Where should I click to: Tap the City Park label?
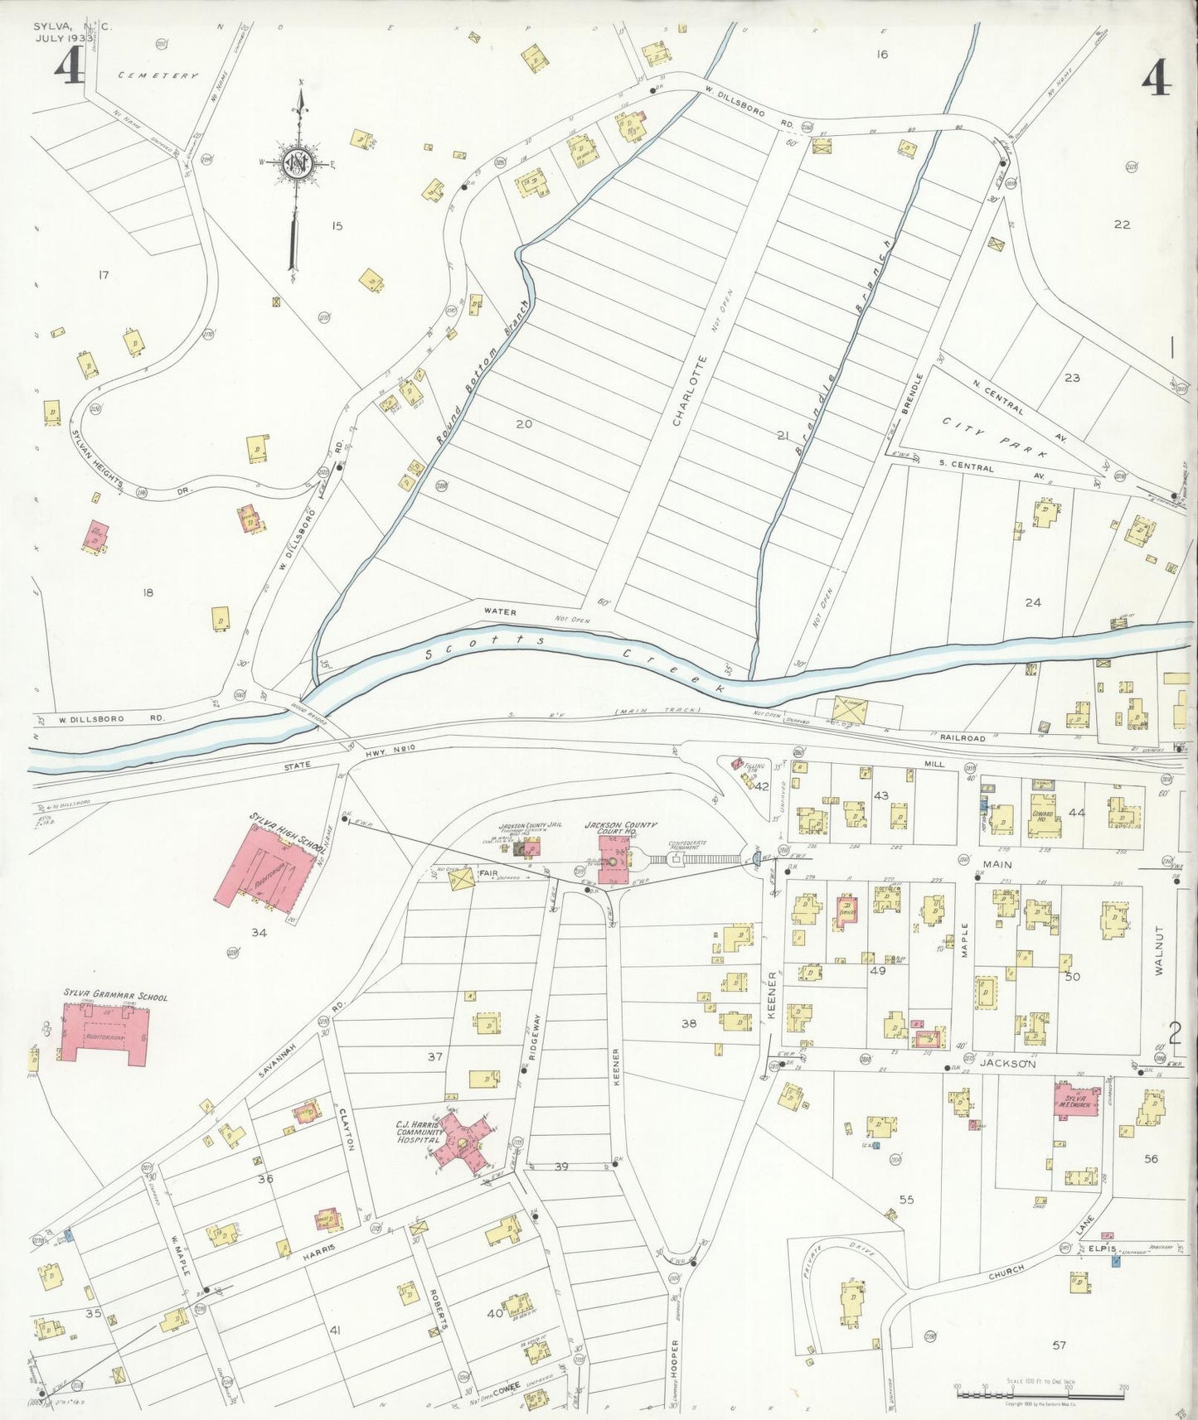(995, 438)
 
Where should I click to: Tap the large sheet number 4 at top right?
(1156, 80)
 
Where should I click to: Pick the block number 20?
(523, 423)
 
